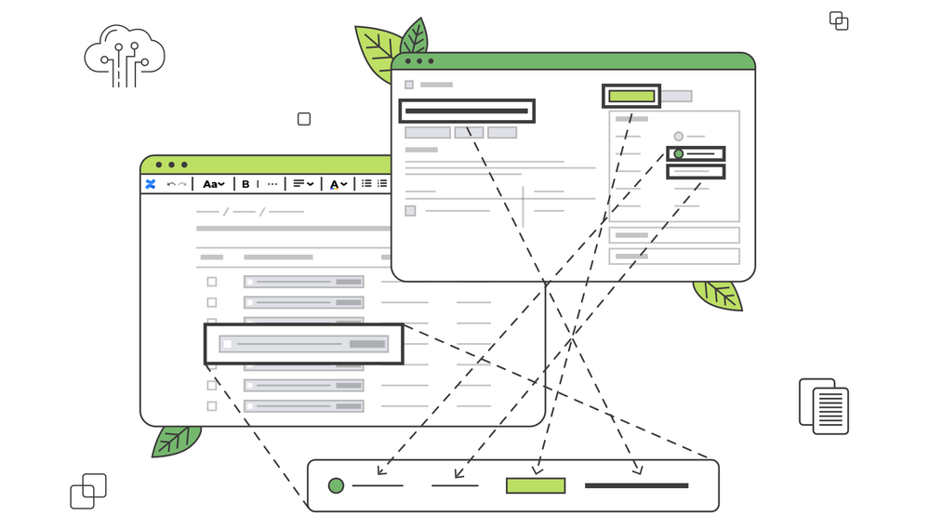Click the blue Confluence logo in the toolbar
coord(151,184)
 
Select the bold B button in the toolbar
coord(246,184)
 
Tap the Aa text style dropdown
coord(213,184)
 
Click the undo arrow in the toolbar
coord(171,184)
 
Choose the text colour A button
coord(338,184)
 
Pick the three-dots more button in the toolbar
coord(272,184)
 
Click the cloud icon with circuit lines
coord(124,55)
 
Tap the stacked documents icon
coord(824,405)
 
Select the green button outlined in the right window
coord(631,96)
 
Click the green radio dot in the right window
coord(679,153)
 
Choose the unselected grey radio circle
coord(679,137)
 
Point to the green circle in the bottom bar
coord(336,485)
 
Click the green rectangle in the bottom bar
coord(535,485)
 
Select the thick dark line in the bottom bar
coord(636,485)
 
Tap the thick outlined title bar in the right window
coord(467,111)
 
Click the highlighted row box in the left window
coord(303,344)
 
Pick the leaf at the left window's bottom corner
coord(176,441)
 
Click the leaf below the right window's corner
coord(718,295)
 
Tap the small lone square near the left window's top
coord(304,119)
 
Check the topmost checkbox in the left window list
coord(212,282)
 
